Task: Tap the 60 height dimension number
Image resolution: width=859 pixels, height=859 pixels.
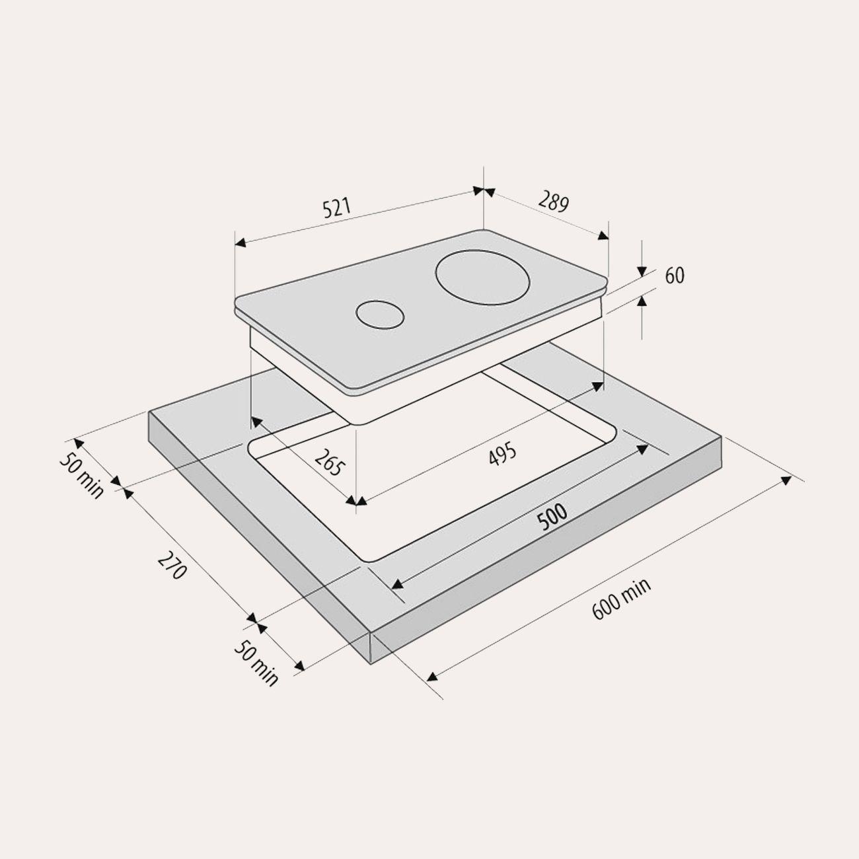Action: point(675,276)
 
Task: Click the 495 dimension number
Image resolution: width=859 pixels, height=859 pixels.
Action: point(503,454)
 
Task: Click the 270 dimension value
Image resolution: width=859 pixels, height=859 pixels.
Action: point(172,565)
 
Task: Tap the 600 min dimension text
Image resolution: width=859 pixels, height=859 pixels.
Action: point(622,599)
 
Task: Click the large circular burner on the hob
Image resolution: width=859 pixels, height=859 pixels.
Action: point(483,278)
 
